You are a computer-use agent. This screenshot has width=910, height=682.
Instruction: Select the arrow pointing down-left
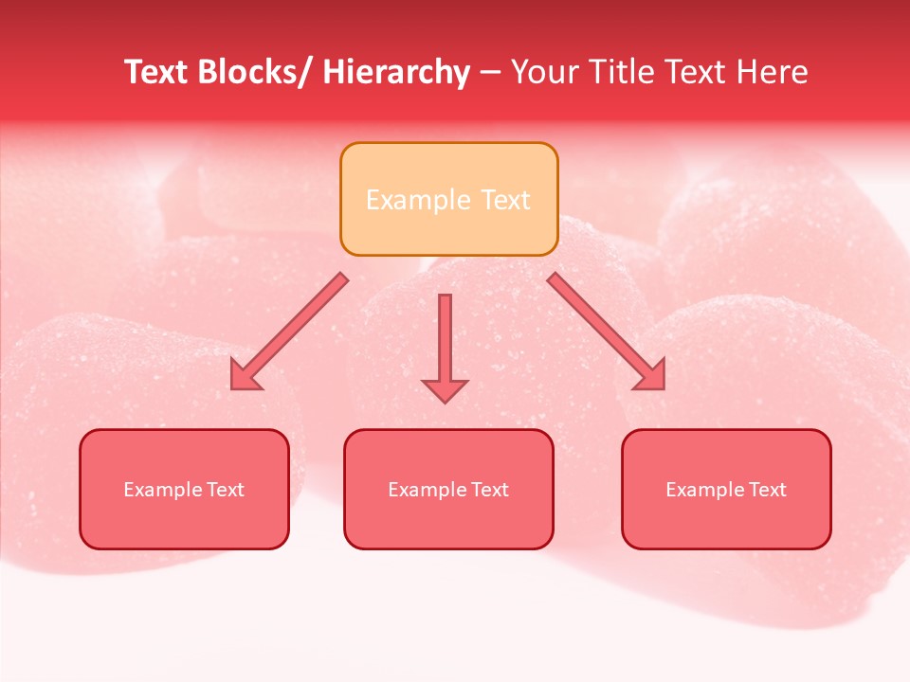[x=290, y=332]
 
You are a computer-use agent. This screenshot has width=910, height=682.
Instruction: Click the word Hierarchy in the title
[x=395, y=72]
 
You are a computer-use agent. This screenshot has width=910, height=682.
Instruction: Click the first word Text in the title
[x=157, y=72]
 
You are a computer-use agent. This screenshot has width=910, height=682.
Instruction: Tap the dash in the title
[x=490, y=73]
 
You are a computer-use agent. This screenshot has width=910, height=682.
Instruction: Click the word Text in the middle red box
[x=490, y=490]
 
